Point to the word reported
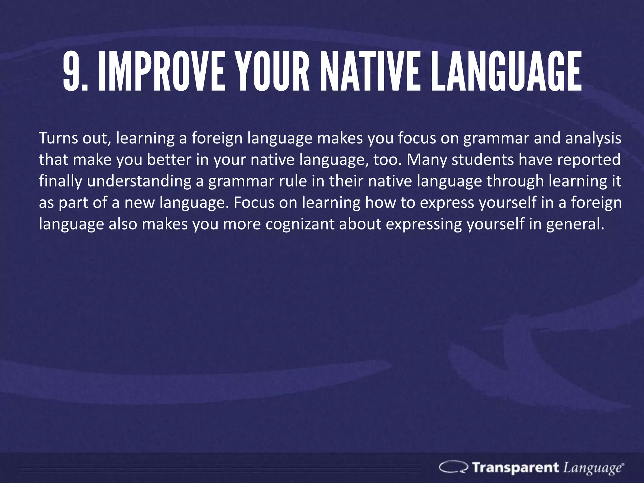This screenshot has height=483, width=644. coord(589,160)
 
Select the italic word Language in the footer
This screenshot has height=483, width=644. coord(592,468)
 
